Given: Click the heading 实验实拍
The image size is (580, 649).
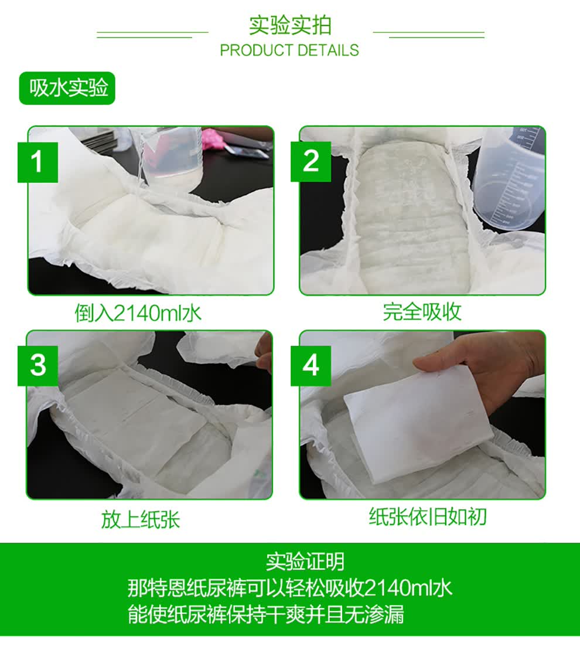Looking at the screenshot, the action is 290,25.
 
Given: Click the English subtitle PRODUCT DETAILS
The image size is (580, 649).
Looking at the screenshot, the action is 289,50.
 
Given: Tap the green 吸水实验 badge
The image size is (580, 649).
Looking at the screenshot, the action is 67,88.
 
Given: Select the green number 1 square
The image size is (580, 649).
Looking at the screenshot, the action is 37,162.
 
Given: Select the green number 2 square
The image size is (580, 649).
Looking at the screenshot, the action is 311,161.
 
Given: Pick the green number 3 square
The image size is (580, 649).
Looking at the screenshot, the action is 37,365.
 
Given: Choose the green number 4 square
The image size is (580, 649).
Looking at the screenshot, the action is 311,365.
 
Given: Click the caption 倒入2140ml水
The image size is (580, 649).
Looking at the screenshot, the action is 138,312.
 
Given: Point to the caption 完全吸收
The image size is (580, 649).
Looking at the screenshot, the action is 422,312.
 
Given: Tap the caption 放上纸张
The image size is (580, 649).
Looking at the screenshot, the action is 141,519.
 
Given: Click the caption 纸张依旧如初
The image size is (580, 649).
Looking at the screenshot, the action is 428,517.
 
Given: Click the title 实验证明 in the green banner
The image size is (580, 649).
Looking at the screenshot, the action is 305,561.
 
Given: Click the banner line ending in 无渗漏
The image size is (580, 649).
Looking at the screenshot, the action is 265,614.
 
